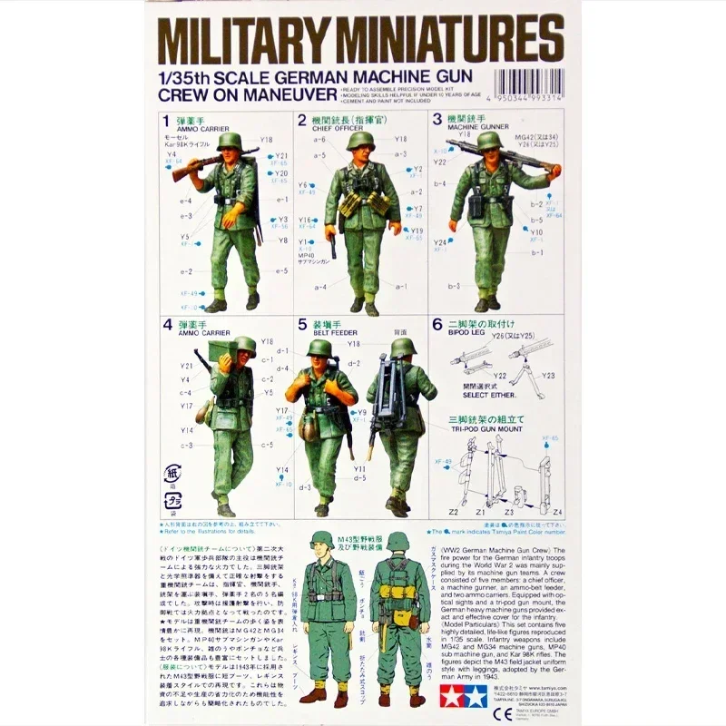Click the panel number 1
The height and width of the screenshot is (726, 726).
[x=165, y=120]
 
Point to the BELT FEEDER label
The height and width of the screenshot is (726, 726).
[x=333, y=333]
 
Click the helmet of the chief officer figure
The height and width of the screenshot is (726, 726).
[x=360, y=141]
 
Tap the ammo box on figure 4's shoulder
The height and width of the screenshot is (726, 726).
[x=221, y=349]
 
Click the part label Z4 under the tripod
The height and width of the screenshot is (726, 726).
[x=557, y=513]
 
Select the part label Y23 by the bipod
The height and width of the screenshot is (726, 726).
[x=547, y=375]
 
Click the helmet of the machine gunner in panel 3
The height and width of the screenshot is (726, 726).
[x=489, y=140]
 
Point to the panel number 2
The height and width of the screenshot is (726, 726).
[x=302, y=120]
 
